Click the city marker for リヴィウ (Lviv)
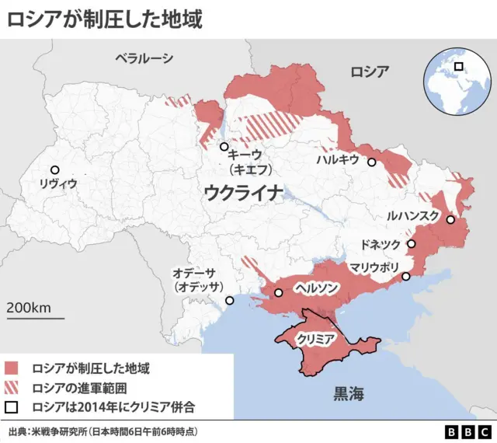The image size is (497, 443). (54, 169)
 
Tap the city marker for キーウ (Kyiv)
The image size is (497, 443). (224, 147)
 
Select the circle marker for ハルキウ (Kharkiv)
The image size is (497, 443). (372, 162)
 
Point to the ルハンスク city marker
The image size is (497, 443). (450, 220)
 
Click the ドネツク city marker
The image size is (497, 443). (412, 244)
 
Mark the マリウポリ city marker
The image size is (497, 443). (405, 277)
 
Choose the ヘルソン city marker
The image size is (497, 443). (278, 293)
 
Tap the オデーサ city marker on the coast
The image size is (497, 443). (229, 301)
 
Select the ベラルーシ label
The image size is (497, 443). (144, 58)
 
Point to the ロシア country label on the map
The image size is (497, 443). (369, 72)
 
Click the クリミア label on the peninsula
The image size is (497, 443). (316, 340)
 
